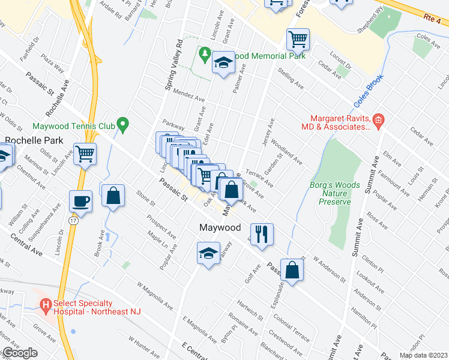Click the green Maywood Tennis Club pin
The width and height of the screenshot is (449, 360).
[123, 125]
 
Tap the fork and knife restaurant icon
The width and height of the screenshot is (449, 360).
[261, 233]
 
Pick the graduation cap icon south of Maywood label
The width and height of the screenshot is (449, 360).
[208, 253]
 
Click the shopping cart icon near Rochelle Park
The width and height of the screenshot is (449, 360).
[85, 153]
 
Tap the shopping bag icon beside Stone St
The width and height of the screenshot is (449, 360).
[112, 196]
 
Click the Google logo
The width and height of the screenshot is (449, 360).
[20, 353]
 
